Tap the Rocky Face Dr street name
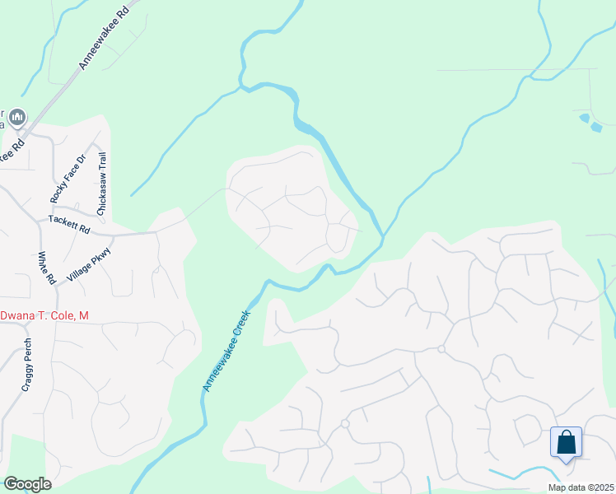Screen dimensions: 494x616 tap(68, 179)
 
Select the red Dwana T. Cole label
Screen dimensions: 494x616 tap(44, 316)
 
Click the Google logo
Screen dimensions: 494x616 tap(27, 484)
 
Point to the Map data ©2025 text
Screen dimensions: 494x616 tap(580, 487)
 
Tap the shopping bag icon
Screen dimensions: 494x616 tap(566, 442)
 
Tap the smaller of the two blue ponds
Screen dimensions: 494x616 tap(584, 118)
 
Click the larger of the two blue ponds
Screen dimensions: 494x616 tap(595, 127)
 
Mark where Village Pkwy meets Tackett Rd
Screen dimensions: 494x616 tap(110, 235)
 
